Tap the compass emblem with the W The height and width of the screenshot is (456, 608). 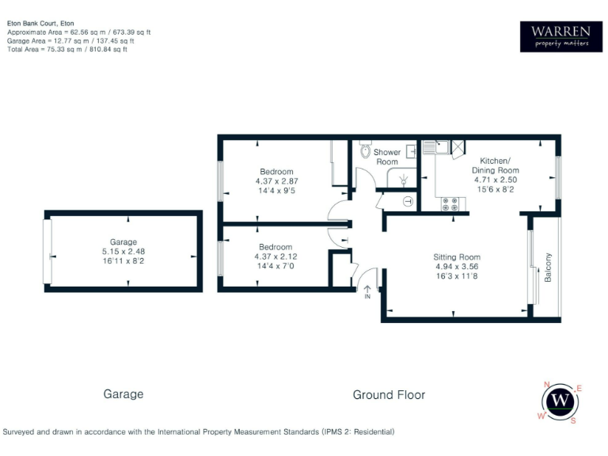[561, 401]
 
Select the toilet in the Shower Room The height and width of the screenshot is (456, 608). [365, 150]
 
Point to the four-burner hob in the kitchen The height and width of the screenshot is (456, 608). [452, 203]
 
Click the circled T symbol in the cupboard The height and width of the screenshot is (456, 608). [408, 201]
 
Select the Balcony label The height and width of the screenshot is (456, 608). [548, 267]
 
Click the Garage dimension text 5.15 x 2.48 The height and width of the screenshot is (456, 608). [123, 251]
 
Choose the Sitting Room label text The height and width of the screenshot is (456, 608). [457, 257]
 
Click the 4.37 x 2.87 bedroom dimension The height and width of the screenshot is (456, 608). [276, 180]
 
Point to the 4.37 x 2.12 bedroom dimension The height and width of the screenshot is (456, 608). [276, 256]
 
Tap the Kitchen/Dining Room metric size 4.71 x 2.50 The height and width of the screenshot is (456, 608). [496, 180]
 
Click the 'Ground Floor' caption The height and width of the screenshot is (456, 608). [389, 394]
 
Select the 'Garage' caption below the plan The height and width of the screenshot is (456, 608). [123, 393]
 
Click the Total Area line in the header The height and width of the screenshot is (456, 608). [66, 49]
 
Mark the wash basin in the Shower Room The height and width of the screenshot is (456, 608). [412, 150]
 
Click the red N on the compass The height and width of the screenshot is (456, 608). [546, 385]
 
